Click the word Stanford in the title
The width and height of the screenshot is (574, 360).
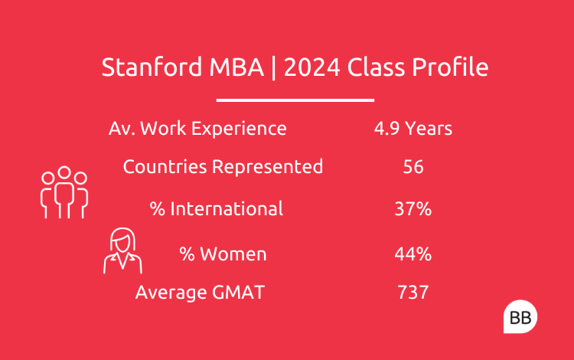click(x=152, y=67)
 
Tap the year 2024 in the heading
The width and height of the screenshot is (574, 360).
click(x=312, y=67)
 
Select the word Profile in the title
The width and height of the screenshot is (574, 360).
click(x=450, y=67)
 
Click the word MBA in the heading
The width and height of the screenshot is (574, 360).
click(x=236, y=67)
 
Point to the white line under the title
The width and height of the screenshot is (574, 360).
click(x=295, y=100)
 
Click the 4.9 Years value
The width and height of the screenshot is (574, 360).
click(x=413, y=129)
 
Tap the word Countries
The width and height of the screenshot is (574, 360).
click(x=165, y=167)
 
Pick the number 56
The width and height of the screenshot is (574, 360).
click(x=413, y=167)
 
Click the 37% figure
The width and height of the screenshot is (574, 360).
click(x=413, y=209)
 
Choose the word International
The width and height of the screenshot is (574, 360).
click(x=227, y=209)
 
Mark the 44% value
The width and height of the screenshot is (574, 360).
click(x=413, y=254)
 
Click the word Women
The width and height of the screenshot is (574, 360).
click(x=233, y=254)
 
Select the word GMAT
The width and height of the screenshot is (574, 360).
click(x=233, y=293)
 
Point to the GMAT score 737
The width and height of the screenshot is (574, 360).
click(x=413, y=293)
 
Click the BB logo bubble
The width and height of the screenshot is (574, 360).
click(x=520, y=317)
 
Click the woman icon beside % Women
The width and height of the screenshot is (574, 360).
click(x=122, y=251)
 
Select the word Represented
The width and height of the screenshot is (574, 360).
click(x=268, y=167)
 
